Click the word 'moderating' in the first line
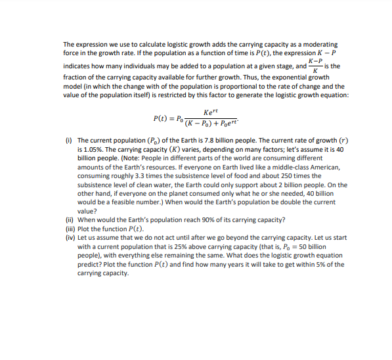[318, 43]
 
